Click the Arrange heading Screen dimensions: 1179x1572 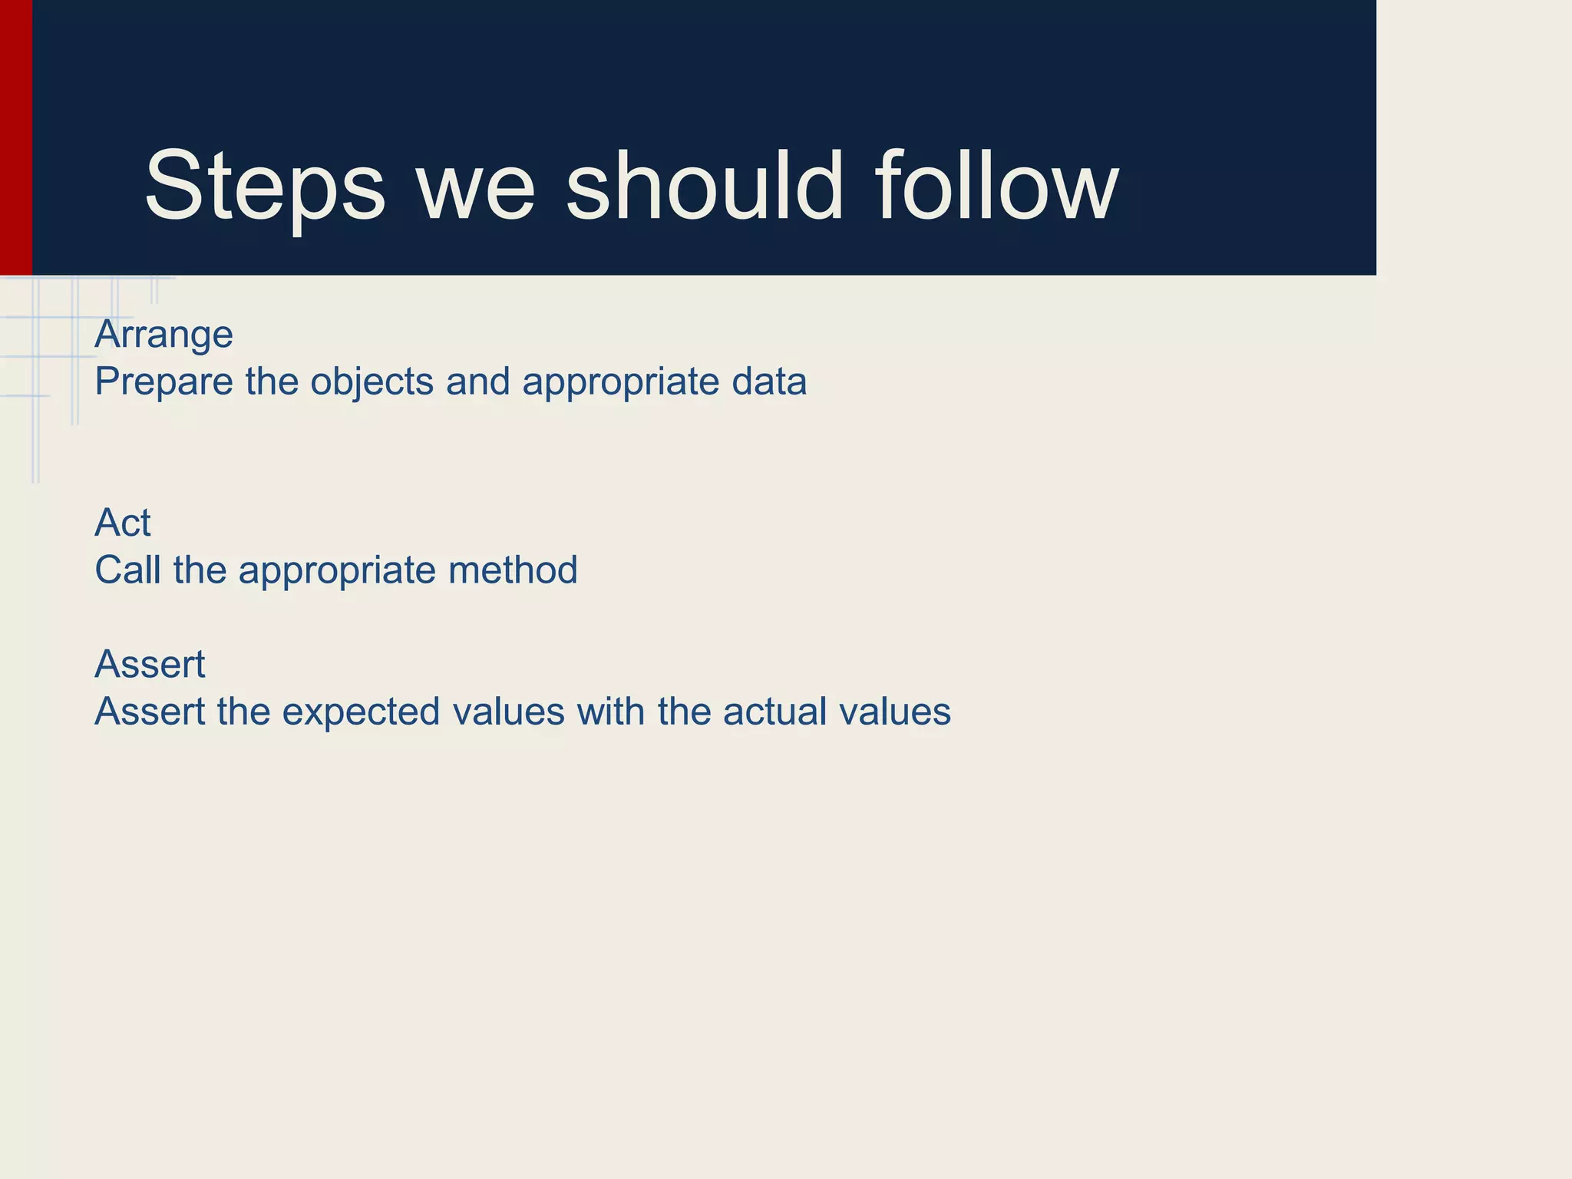click(x=163, y=335)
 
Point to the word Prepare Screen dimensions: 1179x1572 click(x=163, y=381)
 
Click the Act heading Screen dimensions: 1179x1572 click(x=123, y=523)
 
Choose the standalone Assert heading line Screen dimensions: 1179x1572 click(x=150, y=664)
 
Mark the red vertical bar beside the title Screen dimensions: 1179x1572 click(x=15, y=138)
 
